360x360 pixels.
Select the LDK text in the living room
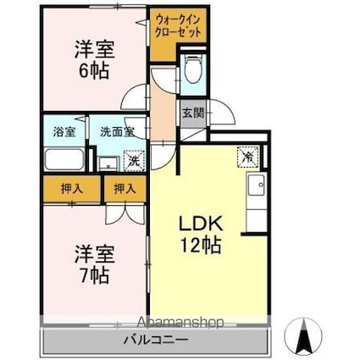(x=200, y=226)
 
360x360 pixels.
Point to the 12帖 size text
(x=200, y=246)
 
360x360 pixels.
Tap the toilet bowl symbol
(x=192, y=69)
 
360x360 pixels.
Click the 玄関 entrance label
(x=191, y=112)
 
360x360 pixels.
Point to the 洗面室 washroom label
(x=118, y=132)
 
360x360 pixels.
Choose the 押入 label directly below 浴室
(x=71, y=189)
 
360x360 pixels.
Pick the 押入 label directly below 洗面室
(x=124, y=189)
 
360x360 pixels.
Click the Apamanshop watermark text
(x=174, y=323)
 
